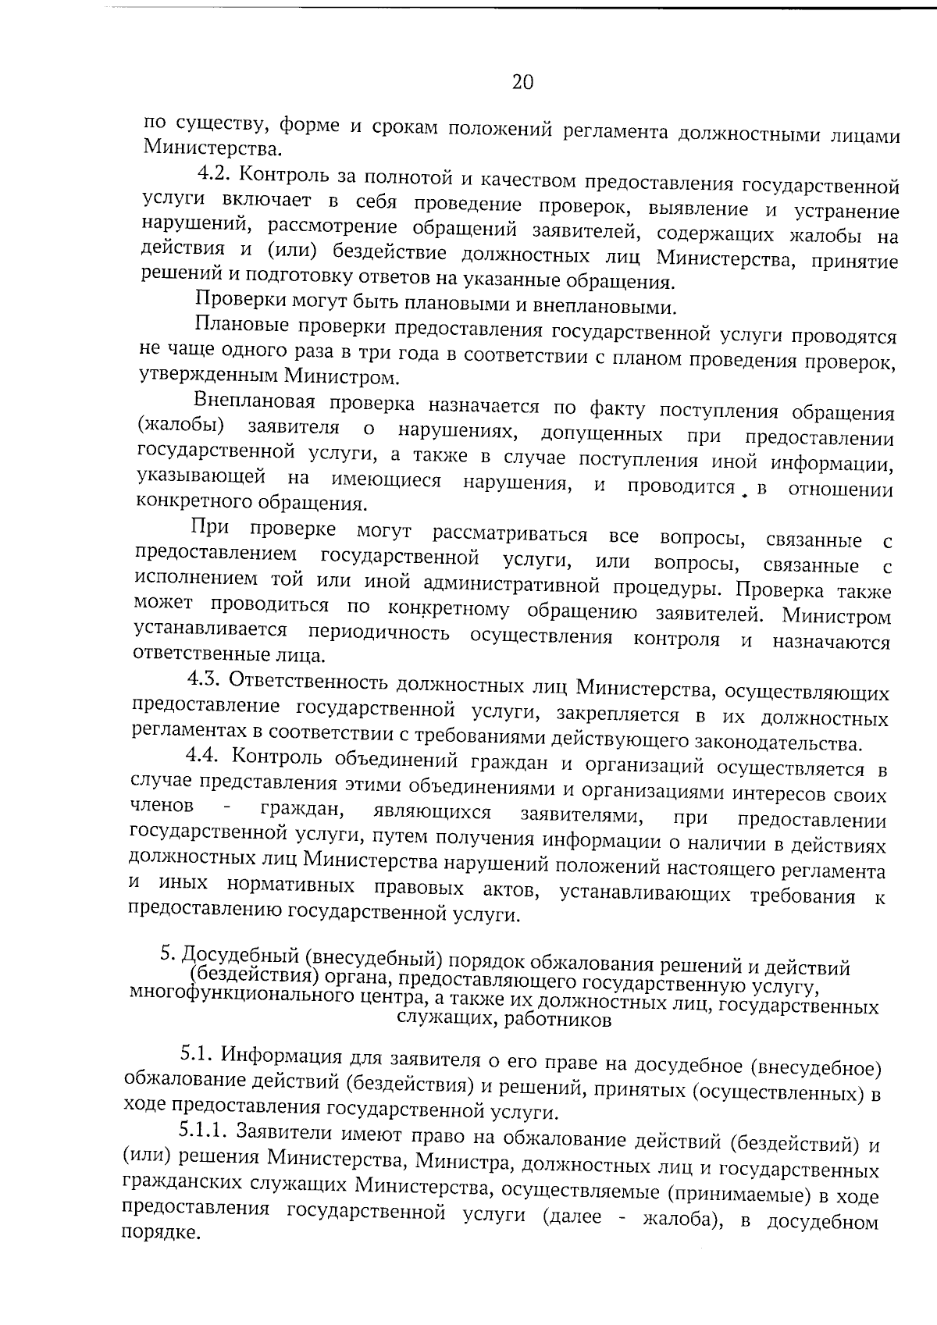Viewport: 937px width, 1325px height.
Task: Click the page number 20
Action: [522, 82]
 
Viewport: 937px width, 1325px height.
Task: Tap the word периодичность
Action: [379, 631]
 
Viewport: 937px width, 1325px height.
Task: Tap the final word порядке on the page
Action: [156, 1233]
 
